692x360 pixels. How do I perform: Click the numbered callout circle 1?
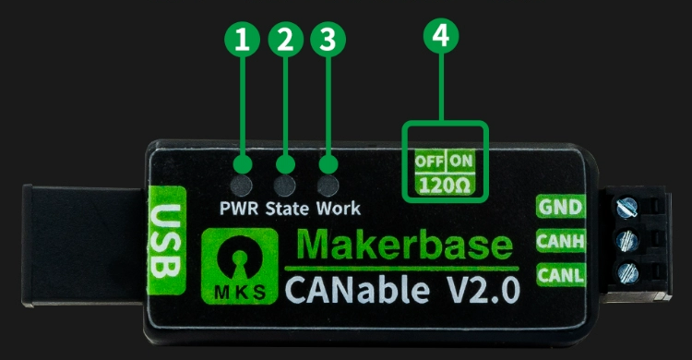click(243, 39)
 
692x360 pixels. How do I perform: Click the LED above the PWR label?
click(243, 165)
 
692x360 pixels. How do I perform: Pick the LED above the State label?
click(286, 165)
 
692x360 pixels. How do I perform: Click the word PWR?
click(241, 208)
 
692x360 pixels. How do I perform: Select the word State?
click(289, 208)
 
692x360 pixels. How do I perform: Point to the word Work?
click(339, 208)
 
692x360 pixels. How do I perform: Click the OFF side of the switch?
click(429, 159)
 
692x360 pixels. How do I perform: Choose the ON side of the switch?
click(461, 159)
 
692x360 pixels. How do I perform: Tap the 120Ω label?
click(444, 183)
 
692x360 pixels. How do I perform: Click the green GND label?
click(561, 207)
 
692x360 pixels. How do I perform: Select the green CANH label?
click(561, 242)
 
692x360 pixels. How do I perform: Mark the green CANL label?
click(561, 274)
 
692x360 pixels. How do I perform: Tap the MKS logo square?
click(239, 267)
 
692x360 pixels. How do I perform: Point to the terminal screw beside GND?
click(627, 207)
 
